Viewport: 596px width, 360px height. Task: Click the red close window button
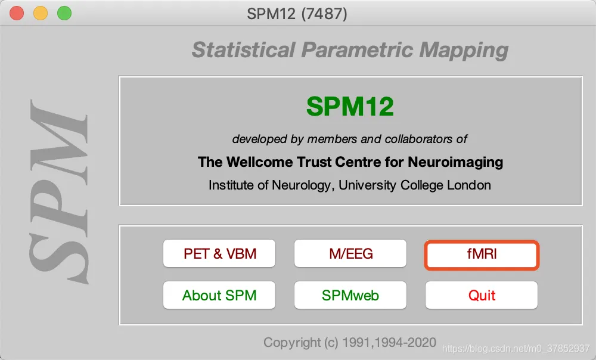click(x=17, y=13)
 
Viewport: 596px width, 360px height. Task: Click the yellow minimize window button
click(x=41, y=13)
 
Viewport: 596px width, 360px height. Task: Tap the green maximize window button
click(x=64, y=13)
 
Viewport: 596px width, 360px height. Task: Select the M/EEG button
click(x=350, y=253)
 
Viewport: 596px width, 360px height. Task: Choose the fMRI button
click(x=482, y=255)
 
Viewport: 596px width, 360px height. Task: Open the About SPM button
click(x=219, y=295)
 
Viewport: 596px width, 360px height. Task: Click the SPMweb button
click(x=350, y=295)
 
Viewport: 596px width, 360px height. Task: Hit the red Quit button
click(x=482, y=295)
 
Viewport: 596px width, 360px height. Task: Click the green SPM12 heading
click(x=350, y=106)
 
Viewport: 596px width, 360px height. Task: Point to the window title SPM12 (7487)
click(x=297, y=14)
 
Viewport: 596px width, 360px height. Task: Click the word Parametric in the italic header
click(x=357, y=50)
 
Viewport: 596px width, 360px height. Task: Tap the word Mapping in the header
click(x=464, y=51)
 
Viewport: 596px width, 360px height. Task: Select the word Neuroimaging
click(x=455, y=163)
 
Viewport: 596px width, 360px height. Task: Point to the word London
click(x=468, y=185)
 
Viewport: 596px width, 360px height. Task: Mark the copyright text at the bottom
click(x=350, y=343)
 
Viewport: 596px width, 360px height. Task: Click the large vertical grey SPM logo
click(x=59, y=191)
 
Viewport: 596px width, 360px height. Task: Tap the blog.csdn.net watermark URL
click(x=516, y=349)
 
